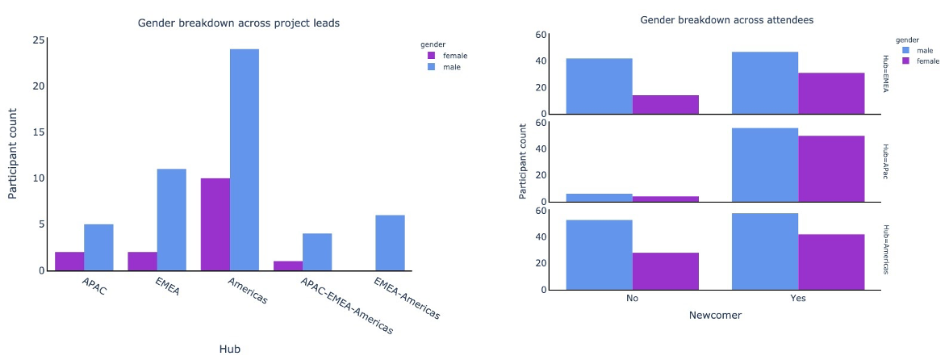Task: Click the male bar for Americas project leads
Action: tap(244, 160)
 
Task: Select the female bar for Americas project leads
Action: tap(215, 224)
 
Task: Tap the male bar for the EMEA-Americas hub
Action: tap(390, 243)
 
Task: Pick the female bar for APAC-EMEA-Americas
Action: tap(288, 266)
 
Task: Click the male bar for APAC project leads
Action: tap(98, 247)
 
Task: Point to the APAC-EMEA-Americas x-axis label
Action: tap(348, 306)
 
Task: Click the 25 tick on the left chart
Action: tap(39, 40)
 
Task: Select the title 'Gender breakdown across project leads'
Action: tap(238, 23)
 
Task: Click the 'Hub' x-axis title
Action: tap(229, 349)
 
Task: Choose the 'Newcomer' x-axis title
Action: tap(715, 316)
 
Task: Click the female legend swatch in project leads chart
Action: tap(431, 56)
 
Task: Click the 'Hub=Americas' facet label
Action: tap(885, 249)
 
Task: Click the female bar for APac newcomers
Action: tap(831, 169)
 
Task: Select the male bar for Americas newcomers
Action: tap(764, 251)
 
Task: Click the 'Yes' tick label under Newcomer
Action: tap(798, 299)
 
